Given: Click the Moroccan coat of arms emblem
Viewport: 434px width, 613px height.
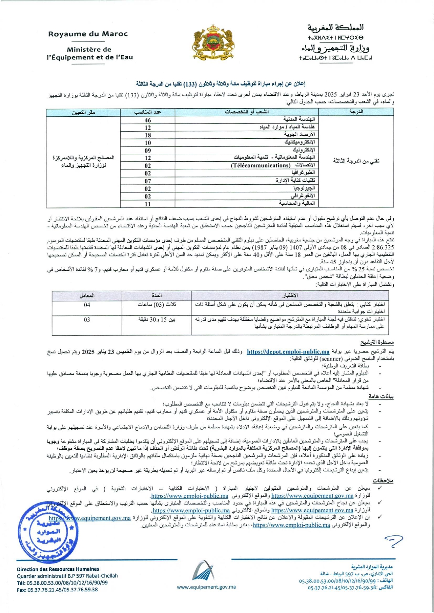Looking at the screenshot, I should pos(214,42).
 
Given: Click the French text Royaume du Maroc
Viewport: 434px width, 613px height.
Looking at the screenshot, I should pos(88,34).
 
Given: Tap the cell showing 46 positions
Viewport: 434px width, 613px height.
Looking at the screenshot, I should pos(148,120).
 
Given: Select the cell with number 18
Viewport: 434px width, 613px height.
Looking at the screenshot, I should pos(148,135).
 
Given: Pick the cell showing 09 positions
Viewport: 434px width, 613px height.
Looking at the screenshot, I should pos(148,151).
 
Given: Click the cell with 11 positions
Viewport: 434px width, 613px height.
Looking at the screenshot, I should pos(148,204).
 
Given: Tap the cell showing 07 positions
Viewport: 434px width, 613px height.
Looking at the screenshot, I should pos(148,181).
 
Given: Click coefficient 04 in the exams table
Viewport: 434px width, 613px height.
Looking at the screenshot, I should pos(87,305).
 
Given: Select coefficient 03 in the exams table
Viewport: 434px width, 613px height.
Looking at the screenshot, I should pos(87,320).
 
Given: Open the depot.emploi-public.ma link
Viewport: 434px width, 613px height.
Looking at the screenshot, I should pos(288,352).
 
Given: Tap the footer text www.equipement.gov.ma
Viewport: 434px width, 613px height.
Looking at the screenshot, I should pos(206,587).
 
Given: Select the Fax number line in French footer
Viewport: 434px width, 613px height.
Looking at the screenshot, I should pos(57,590).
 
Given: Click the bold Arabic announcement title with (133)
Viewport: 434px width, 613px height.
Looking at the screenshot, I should pos(221,83).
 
